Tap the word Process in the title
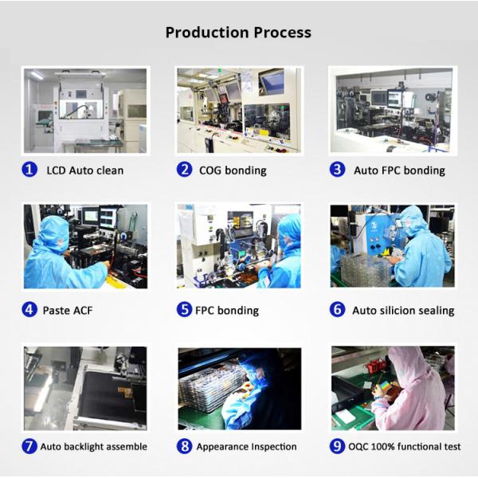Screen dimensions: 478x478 tap(283, 33)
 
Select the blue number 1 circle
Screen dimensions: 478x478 tap(29, 170)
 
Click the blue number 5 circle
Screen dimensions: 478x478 tap(184, 309)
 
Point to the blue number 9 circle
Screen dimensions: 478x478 tap(337, 446)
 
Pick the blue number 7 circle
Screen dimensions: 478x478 tap(29, 446)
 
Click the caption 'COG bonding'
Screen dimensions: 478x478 tap(233, 170)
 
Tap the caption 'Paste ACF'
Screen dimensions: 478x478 tap(68, 311)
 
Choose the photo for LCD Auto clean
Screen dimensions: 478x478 tap(85, 111)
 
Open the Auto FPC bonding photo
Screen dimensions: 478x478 tap(393, 111)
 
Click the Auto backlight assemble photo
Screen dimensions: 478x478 tap(85, 388)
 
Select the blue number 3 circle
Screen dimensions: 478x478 tap(337, 170)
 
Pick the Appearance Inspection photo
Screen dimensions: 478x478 tap(240, 389)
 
